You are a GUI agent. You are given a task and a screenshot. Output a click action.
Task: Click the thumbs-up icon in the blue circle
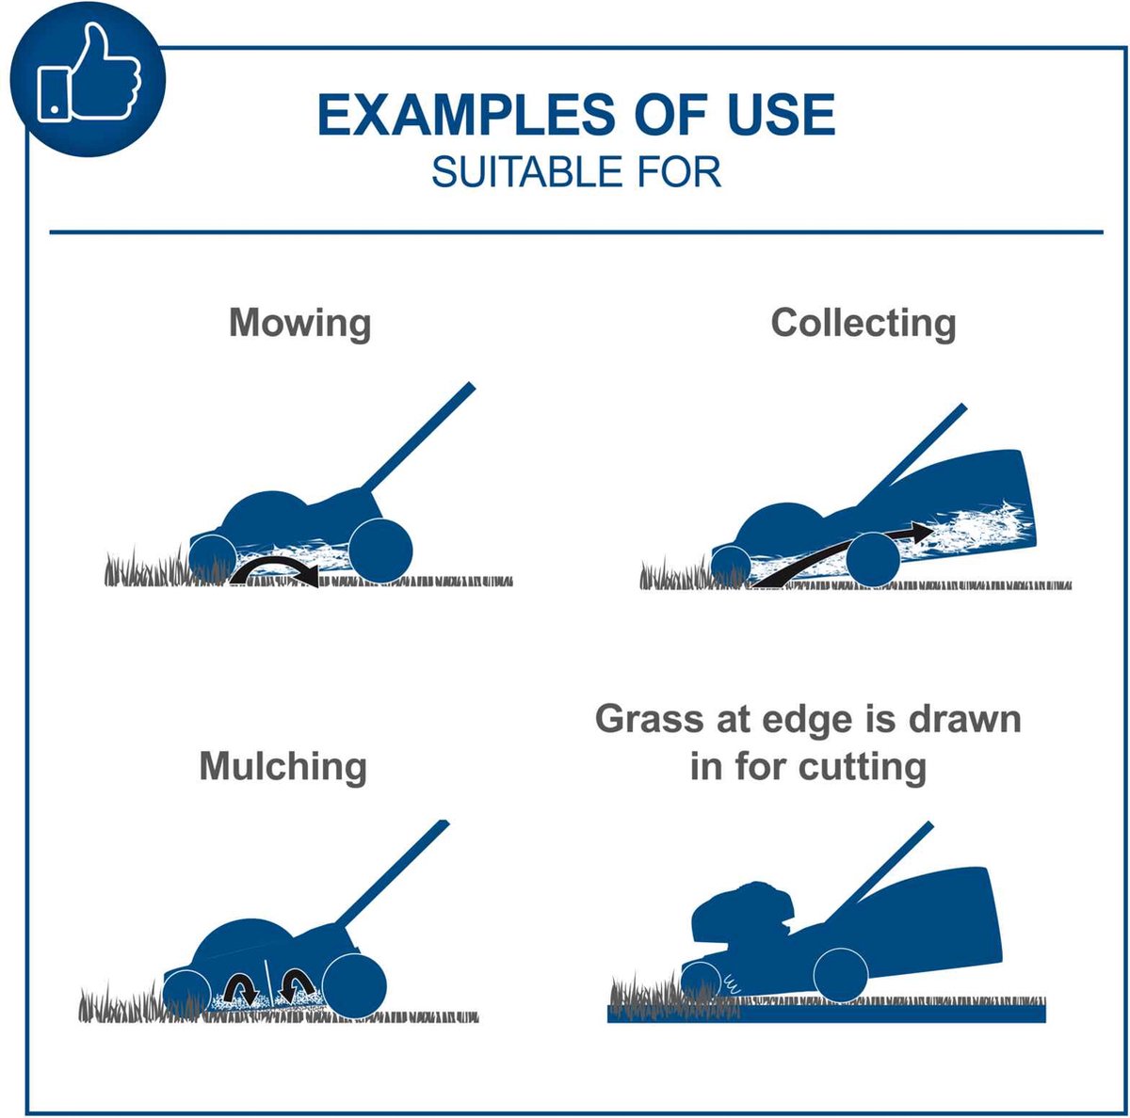tap(88, 74)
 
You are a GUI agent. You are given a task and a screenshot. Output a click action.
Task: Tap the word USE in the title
tap(781, 114)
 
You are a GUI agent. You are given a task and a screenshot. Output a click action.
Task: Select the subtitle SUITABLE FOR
tap(576, 172)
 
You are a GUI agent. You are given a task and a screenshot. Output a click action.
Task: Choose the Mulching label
tap(282, 767)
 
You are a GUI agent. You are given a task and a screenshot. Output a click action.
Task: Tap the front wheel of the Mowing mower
tap(212, 559)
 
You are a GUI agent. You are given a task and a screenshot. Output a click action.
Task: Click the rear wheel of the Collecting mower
tap(873, 558)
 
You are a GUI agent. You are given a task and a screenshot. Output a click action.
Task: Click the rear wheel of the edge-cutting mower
tap(841, 974)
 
